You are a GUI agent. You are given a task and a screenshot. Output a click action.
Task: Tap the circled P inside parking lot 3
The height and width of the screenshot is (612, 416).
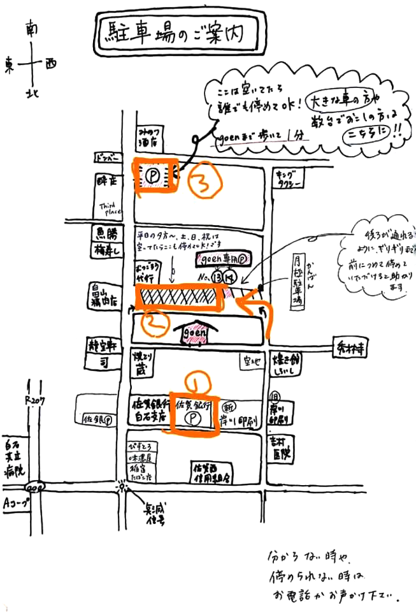(153, 173)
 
